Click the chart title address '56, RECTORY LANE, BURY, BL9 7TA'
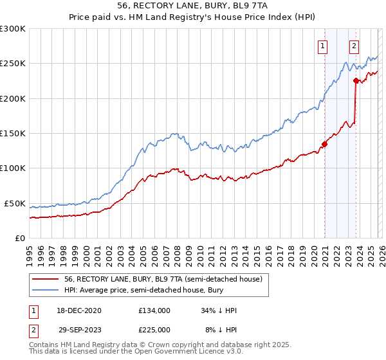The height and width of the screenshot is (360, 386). click(192, 4)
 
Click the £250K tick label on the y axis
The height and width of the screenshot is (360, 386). click(12, 64)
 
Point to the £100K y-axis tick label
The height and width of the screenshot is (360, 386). click(12, 168)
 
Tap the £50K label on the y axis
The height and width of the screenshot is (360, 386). click(14, 203)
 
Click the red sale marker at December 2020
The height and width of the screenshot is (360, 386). click(324, 144)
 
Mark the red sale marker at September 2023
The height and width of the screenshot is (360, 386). click(356, 80)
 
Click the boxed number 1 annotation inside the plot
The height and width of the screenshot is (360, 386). click(322, 46)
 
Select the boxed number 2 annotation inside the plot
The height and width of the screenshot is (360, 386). click(354, 46)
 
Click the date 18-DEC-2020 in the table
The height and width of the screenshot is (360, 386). click(79, 310)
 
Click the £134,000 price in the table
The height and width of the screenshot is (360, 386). click(154, 310)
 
